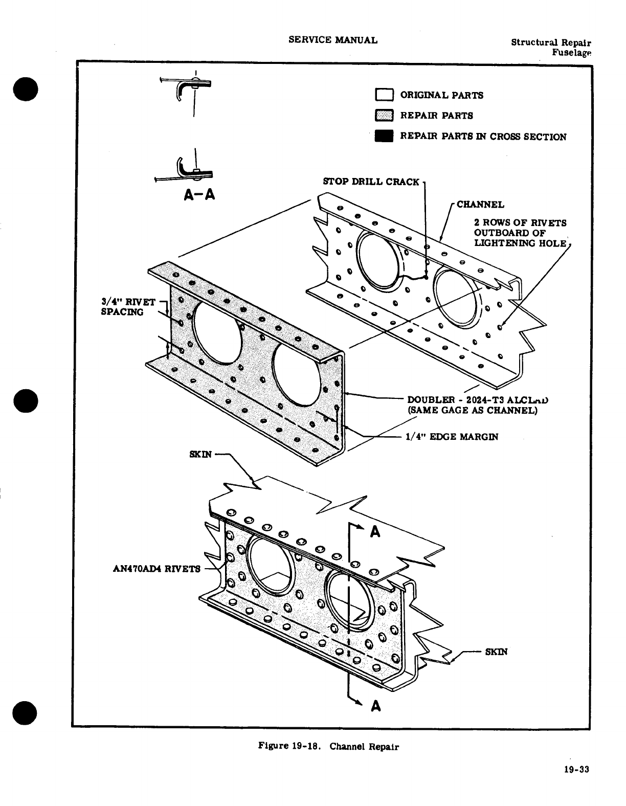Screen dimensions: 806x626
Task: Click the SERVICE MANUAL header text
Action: point(333,40)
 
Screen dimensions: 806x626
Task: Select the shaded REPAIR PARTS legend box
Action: point(384,116)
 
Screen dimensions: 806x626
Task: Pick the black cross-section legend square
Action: point(384,137)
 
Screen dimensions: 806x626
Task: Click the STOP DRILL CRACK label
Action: point(371,182)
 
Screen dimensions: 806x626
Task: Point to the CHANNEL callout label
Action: point(480,205)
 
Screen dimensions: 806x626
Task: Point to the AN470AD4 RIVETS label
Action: point(156,569)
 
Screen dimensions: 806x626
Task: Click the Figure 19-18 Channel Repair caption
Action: point(328,746)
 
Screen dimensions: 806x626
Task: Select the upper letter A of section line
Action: point(375,532)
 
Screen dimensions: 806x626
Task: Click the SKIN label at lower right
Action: point(496,652)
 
